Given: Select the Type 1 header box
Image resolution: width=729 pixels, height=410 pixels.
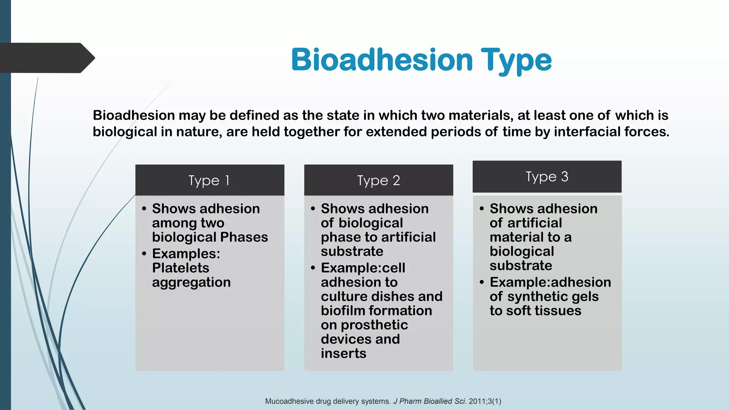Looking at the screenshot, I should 210,180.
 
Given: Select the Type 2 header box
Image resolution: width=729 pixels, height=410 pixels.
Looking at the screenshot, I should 378,180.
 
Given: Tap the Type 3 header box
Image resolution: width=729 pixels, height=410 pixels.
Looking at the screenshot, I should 547,177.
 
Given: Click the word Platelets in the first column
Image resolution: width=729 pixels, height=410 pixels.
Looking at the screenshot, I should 180,268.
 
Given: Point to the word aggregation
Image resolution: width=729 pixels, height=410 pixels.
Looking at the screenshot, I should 191,282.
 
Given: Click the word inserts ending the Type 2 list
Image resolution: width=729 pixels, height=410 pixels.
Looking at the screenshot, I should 343,353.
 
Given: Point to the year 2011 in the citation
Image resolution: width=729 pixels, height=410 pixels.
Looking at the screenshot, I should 477,401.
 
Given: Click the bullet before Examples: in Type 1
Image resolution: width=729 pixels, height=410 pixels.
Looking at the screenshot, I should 144,254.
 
